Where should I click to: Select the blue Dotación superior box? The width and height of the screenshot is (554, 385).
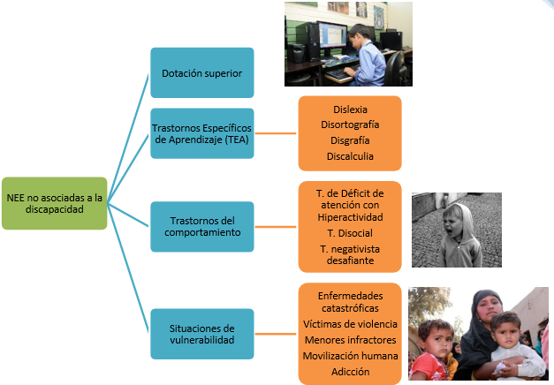click(202, 72)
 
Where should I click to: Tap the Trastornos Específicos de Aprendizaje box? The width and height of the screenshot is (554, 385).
click(202, 132)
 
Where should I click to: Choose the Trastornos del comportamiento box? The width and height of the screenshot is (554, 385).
click(202, 226)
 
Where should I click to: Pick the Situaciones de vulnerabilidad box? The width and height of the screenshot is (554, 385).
click(202, 334)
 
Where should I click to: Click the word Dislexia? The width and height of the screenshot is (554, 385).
click(351, 109)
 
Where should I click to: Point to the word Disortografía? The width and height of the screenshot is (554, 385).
click(351, 125)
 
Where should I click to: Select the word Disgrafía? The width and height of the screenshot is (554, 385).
click(351, 140)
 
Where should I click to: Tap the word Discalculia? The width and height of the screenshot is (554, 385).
click(351, 156)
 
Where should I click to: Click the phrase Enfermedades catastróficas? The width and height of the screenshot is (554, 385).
click(350, 301)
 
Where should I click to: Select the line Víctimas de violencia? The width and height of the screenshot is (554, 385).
click(350, 324)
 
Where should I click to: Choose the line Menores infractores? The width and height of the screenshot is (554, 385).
click(350, 340)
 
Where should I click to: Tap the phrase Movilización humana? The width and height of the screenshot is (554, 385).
click(350, 356)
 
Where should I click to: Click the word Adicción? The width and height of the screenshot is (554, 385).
click(350, 372)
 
